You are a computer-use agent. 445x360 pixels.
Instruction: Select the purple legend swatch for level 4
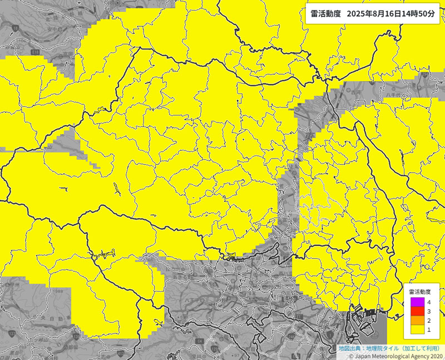pos(417,302)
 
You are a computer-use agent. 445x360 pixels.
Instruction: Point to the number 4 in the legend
pos(428,302)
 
